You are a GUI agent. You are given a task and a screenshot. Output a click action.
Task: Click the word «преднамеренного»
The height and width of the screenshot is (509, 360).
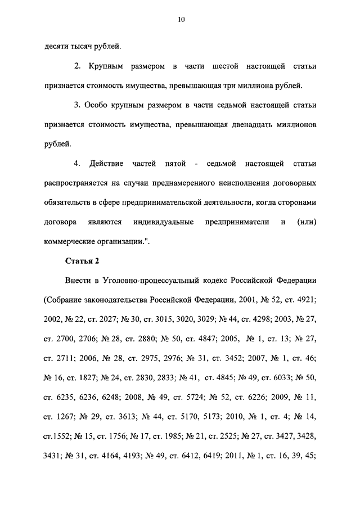[182, 183]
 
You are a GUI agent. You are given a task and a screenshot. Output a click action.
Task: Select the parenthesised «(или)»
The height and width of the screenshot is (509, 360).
[305, 222]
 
